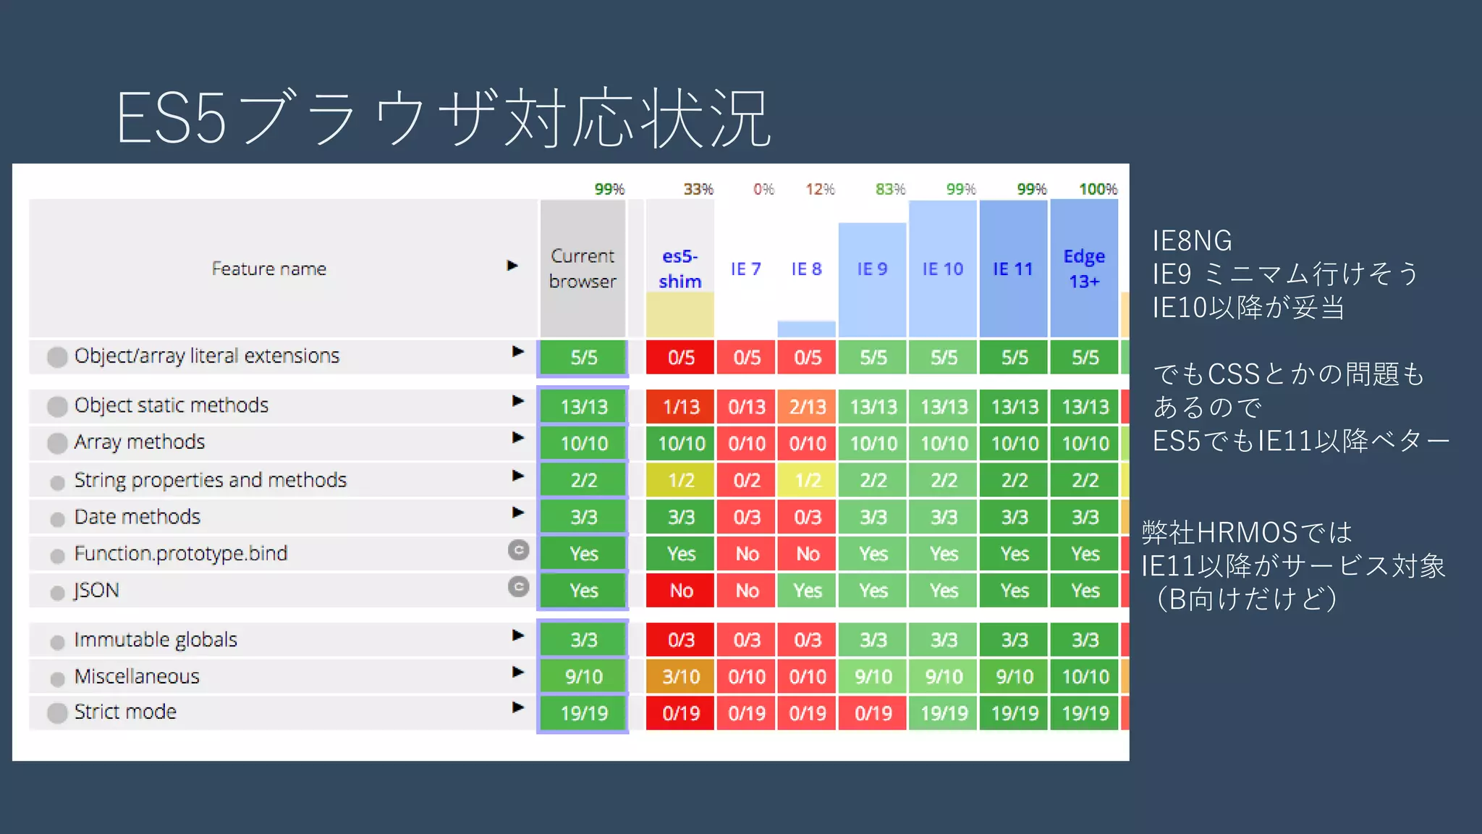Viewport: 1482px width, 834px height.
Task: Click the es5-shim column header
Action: click(679, 269)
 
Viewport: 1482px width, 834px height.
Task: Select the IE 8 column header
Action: click(806, 269)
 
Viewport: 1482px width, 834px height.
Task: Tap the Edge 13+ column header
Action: click(1084, 269)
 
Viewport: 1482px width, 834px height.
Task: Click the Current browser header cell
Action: click(583, 269)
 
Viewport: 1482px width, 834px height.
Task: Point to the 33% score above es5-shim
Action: click(698, 189)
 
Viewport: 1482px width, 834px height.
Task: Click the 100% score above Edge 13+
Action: click(1098, 189)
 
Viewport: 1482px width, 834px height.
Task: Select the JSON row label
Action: click(97, 591)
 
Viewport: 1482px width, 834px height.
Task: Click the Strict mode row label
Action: click(125, 712)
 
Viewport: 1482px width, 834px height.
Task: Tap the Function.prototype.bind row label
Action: click(181, 554)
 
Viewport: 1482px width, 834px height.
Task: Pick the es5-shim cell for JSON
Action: click(681, 591)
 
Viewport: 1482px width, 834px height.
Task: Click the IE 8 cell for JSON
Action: click(808, 591)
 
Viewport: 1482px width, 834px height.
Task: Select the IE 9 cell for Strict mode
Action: click(873, 714)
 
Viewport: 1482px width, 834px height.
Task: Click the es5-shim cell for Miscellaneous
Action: click(681, 677)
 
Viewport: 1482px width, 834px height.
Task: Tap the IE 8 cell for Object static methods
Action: click(808, 407)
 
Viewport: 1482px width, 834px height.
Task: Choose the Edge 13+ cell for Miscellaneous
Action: click(1085, 677)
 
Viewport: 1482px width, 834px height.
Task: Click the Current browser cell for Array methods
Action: click(584, 443)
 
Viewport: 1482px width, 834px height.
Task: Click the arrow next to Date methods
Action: click(517, 513)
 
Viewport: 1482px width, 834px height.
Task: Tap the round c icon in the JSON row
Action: click(518, 586)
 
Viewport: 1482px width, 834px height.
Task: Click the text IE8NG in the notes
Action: click(1192, 240)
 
